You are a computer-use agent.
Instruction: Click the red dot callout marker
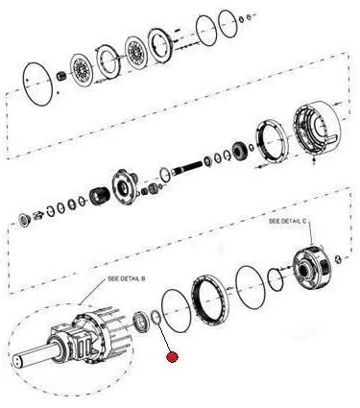(x=172, y=357)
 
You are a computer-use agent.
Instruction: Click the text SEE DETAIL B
(x=127, y=278)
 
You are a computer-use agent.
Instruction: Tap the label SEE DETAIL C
(x=287, y=221)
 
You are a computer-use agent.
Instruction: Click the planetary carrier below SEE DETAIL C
(x=311, y=266)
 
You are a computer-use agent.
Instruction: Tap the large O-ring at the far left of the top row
(x=24, y=83)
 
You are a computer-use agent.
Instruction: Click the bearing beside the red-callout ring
(x=140, y=323)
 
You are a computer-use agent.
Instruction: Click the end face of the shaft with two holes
(x=17, y=361)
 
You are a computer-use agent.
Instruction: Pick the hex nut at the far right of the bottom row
(x=338, y=258)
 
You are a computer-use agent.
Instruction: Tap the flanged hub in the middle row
(x=125, y=186)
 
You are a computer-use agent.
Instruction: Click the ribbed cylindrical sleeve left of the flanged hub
(x=100, y=195)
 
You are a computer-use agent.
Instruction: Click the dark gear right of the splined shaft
(x=239, y=151)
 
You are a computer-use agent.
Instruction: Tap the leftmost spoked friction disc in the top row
(x=82, y=69)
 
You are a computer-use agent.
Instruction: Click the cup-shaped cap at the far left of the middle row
(x=24, y=220)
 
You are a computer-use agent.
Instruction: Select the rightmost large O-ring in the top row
(x=228, y=24)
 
